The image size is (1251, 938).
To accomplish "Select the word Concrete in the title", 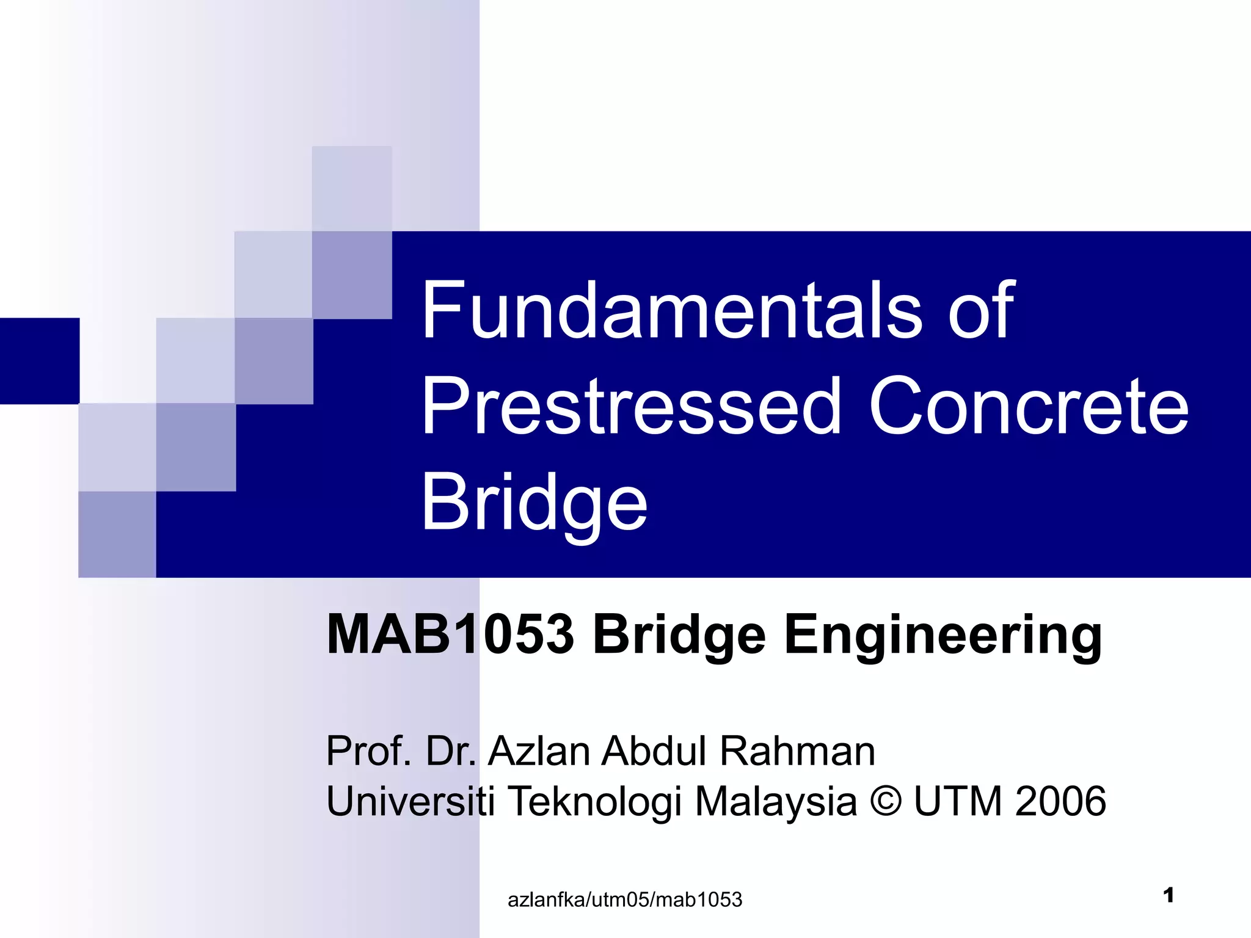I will [x=1029, y=407].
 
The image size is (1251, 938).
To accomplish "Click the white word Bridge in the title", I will [x=534, y=504].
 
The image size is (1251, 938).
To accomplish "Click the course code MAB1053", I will [x=450, y=635].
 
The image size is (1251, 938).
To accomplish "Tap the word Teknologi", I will [x=594, y=802].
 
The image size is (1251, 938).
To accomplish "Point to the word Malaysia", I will [x=776, y=802].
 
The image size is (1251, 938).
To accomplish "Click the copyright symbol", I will [x=885, y=801].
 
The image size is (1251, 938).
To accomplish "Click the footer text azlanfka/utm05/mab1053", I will [x=625, y=900].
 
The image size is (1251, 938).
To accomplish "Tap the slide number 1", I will [x=1169, y=895].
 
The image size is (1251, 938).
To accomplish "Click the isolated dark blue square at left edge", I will [x=40, y=361].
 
